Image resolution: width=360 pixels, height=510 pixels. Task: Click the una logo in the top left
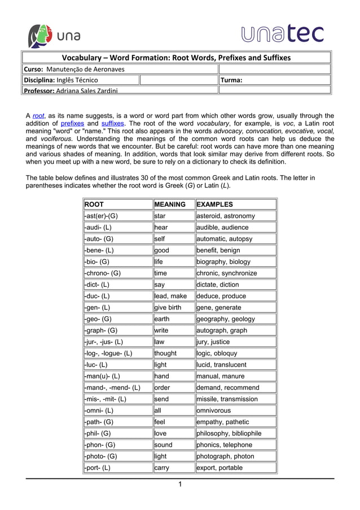click(54, 36)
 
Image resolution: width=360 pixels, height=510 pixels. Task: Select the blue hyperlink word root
click(38, 116)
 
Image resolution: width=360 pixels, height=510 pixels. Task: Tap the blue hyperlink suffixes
click(113, 123)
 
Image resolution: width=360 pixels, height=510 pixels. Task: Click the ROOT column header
click(94, 204)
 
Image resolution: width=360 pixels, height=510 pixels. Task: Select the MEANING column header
click(170, 204)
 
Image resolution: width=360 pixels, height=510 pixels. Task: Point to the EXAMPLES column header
click(214, 204)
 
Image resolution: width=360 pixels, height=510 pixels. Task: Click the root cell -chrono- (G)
click(102, 273)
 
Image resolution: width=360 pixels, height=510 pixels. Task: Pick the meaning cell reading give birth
click(169, 307)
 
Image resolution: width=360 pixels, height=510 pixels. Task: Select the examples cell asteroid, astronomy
click(226, 216)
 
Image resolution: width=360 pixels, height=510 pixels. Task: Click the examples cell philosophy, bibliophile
click(229, 433)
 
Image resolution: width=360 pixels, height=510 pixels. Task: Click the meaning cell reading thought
click(165, 353)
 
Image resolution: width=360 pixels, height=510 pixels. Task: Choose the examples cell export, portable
click(219, 468)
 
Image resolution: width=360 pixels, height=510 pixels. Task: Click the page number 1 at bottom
click(179, 485)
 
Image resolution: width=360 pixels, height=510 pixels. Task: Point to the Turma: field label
click(231, 80)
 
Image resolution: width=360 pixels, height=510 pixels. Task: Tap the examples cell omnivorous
click(214, 411)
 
